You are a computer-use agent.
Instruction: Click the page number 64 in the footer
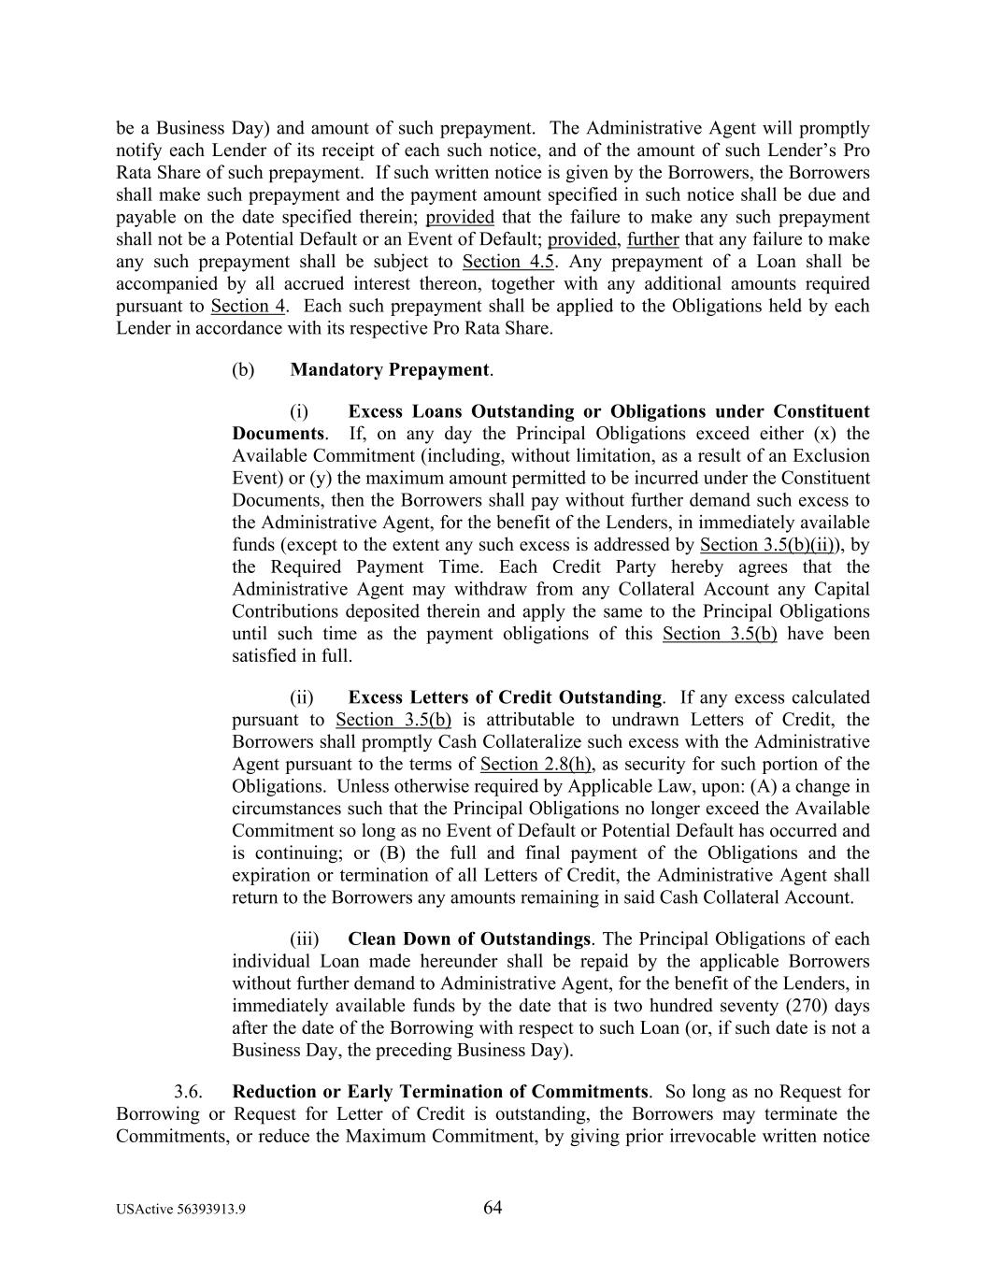pyautogui.click(x=493, y=1208)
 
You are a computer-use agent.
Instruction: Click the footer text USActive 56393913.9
pyautogui.click(x=181, y=1210)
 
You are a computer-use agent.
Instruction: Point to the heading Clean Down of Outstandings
pyautogui.click(x=468, y=939)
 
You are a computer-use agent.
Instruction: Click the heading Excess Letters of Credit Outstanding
pyautogui.click(x=505, y=697)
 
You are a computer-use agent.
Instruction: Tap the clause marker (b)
pyautogui.click(x=243, y=369)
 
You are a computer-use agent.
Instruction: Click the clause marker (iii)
pyautogui.click(x=304, y=939)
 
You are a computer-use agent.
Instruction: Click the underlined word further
pyautogui.click(x=652, y=239)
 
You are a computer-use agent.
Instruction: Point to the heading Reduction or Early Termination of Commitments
pyautogui.click(x=439, y=1092)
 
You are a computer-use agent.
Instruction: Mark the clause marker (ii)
pyautogui.click(x=302, y=697)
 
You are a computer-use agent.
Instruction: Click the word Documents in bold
pyautogui.click(x=278, y=434)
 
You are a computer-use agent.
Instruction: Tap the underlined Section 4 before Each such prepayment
pyautogui.click(x=248, y=306)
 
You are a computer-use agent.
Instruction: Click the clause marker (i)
pyautogui.click(x=299, y=411)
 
